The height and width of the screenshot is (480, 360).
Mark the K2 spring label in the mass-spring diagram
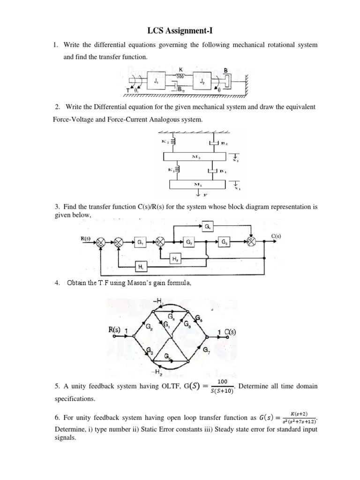point(165,140)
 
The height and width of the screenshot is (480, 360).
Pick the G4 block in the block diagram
point(208,227)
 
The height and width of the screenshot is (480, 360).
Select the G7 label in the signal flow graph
point(207,349)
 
